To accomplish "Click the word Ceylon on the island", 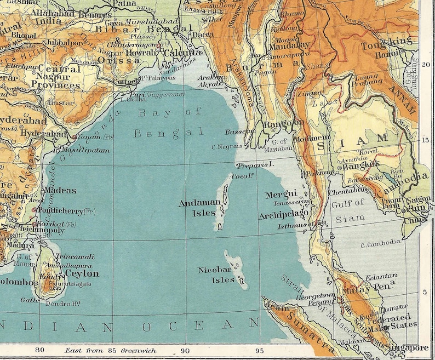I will coord(82,273).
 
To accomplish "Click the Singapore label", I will coord(409,348).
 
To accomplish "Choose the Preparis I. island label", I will coord(255,164).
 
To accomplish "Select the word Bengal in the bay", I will coord(169,133).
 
